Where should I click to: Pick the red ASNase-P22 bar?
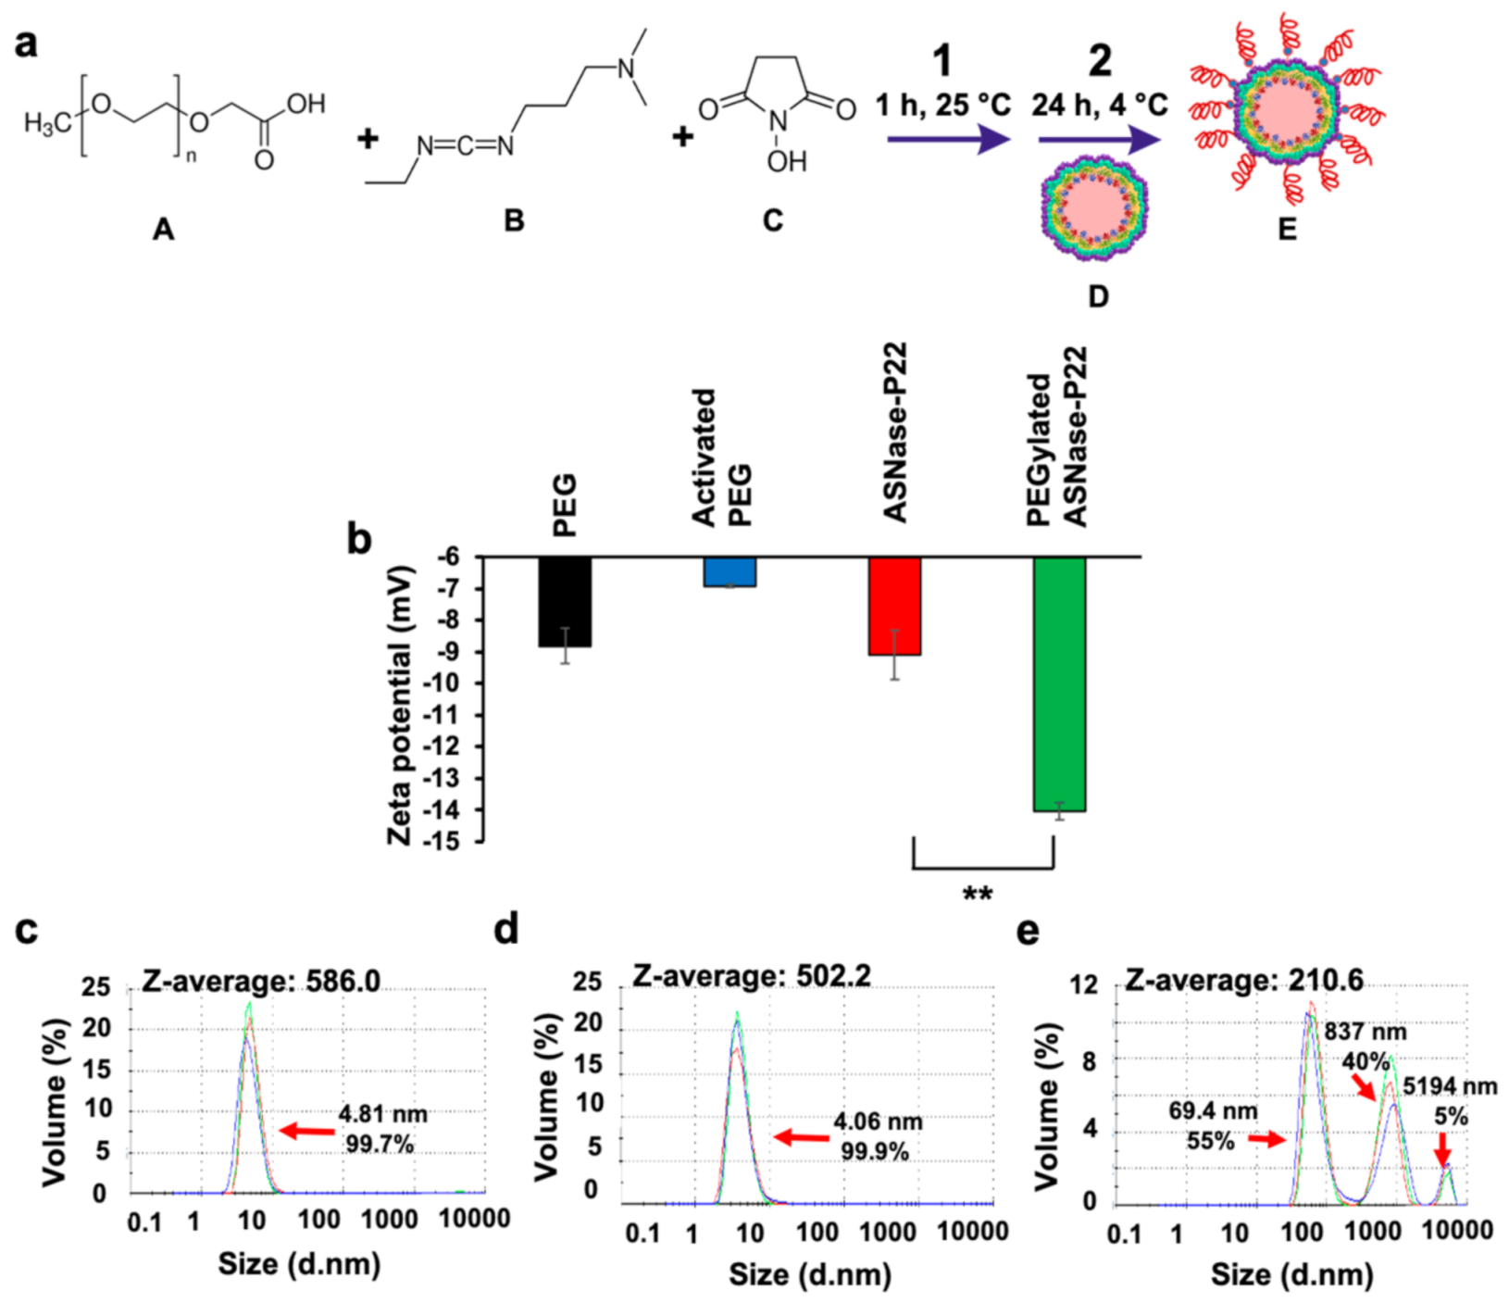point(894,606)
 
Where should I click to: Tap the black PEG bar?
point(565,602)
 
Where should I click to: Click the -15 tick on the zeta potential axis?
point(443,841)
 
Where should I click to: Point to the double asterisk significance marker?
point(978,896)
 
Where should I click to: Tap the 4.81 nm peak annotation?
point(382,1114)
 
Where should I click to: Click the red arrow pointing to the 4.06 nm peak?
point(802,1136)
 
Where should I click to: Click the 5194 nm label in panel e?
point(1449,1085)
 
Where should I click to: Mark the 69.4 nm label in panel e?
point(1212,1110)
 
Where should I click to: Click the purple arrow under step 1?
point(946,140)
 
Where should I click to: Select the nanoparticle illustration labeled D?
point(1093,209)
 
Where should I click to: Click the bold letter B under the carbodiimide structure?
point(513,220)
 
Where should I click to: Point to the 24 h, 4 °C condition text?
point(1099,105)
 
